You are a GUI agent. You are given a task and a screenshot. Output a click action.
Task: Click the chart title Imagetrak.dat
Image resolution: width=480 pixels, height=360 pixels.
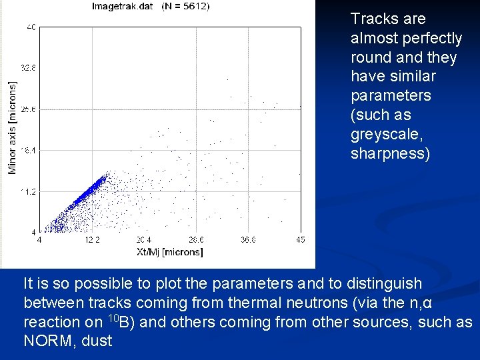(x=123, y=7)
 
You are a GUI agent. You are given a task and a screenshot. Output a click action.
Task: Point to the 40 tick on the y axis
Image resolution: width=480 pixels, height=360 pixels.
(x=31, y=27)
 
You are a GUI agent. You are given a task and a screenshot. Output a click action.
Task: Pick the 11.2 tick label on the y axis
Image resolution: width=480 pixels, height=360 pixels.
(x=29, y=191)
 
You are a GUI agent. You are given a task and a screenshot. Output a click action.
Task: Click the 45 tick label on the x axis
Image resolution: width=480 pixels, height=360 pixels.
(x=300, y=240)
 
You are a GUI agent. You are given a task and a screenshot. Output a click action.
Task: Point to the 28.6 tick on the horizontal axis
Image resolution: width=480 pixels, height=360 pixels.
(x=196, y=240)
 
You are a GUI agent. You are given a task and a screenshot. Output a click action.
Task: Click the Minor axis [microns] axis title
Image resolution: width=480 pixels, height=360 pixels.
(x=12, y=128)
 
